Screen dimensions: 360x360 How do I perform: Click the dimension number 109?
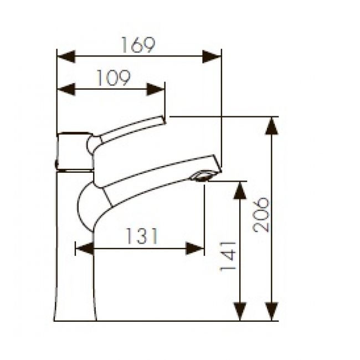click(112, 78)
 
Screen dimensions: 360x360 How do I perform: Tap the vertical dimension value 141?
click(228, 255)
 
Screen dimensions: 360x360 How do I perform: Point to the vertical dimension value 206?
click(261, 214)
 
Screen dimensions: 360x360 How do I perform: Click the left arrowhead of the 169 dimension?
click(66, 56)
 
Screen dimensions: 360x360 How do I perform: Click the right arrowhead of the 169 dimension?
click(212, 56)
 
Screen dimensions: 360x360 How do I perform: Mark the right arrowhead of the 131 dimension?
click(195, 249)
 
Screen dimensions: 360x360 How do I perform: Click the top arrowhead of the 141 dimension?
click(240, 190)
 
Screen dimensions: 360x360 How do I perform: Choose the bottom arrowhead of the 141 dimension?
click(240, 311)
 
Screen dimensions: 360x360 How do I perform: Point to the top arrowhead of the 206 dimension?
click(271, 126)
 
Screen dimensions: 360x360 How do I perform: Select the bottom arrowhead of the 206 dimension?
click(271, 311)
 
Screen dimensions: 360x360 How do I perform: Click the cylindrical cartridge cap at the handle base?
click(74, 151)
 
